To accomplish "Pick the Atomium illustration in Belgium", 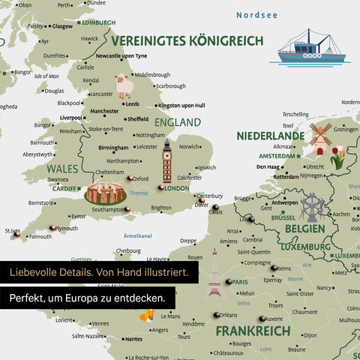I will [311, 207].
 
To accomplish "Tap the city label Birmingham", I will [113, 148].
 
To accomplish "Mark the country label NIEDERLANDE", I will [271, 136].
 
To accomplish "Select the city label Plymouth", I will [67, 228].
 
